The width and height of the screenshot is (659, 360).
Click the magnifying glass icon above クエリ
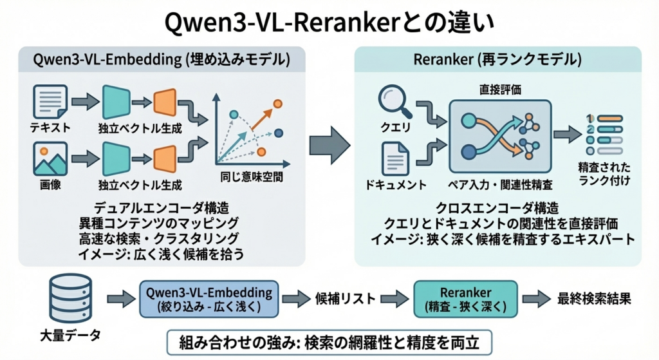[x=395, y=101]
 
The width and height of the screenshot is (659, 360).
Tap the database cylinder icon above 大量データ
[x=70, y=298]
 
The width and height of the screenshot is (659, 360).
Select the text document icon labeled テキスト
[x=50, y=102]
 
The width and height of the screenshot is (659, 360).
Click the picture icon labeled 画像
[x=50, y=158]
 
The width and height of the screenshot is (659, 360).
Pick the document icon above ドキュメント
[x=395, y=158]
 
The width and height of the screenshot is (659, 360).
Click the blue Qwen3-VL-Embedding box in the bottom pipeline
[x=209, y=299]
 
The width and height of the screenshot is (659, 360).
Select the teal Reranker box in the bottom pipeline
[x=466, y=299]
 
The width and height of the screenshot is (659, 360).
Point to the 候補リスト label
[x=345, y=299]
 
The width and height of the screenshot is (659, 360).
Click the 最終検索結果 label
[x=594, y=299]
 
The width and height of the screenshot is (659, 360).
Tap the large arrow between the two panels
[x=330, y=145]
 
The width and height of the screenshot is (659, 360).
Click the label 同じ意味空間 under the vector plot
[x=252, y=177]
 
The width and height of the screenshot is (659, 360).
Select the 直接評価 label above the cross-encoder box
[x=500, y=90]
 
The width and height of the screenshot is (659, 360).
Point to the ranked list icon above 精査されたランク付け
[x=604, y=134]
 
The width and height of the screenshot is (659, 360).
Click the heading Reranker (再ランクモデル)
[x=497, y=60]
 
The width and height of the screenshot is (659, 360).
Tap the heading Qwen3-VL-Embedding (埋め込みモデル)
[x=162, y=60]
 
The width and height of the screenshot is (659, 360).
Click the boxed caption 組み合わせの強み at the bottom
[x=329, y=343]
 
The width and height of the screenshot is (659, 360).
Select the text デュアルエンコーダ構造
[x=162, y=208]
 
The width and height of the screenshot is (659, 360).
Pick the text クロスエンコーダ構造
[x=497, y=208]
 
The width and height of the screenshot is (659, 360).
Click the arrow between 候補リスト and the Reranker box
[x=394, y=299]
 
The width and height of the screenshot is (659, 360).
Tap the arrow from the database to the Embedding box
[x=122, y=299]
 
